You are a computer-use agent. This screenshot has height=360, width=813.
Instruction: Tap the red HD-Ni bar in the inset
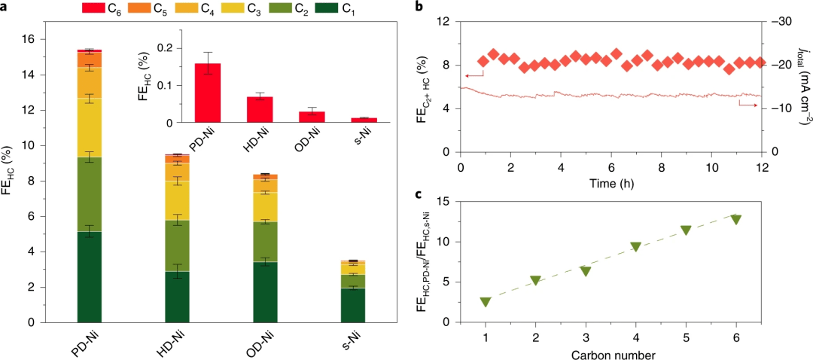260,109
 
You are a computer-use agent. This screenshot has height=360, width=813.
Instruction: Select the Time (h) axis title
611,183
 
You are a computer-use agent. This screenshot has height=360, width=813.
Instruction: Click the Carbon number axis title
611,353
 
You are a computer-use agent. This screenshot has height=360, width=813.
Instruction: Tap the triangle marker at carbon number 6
735,219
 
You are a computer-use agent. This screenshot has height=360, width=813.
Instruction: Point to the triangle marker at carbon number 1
486,302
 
